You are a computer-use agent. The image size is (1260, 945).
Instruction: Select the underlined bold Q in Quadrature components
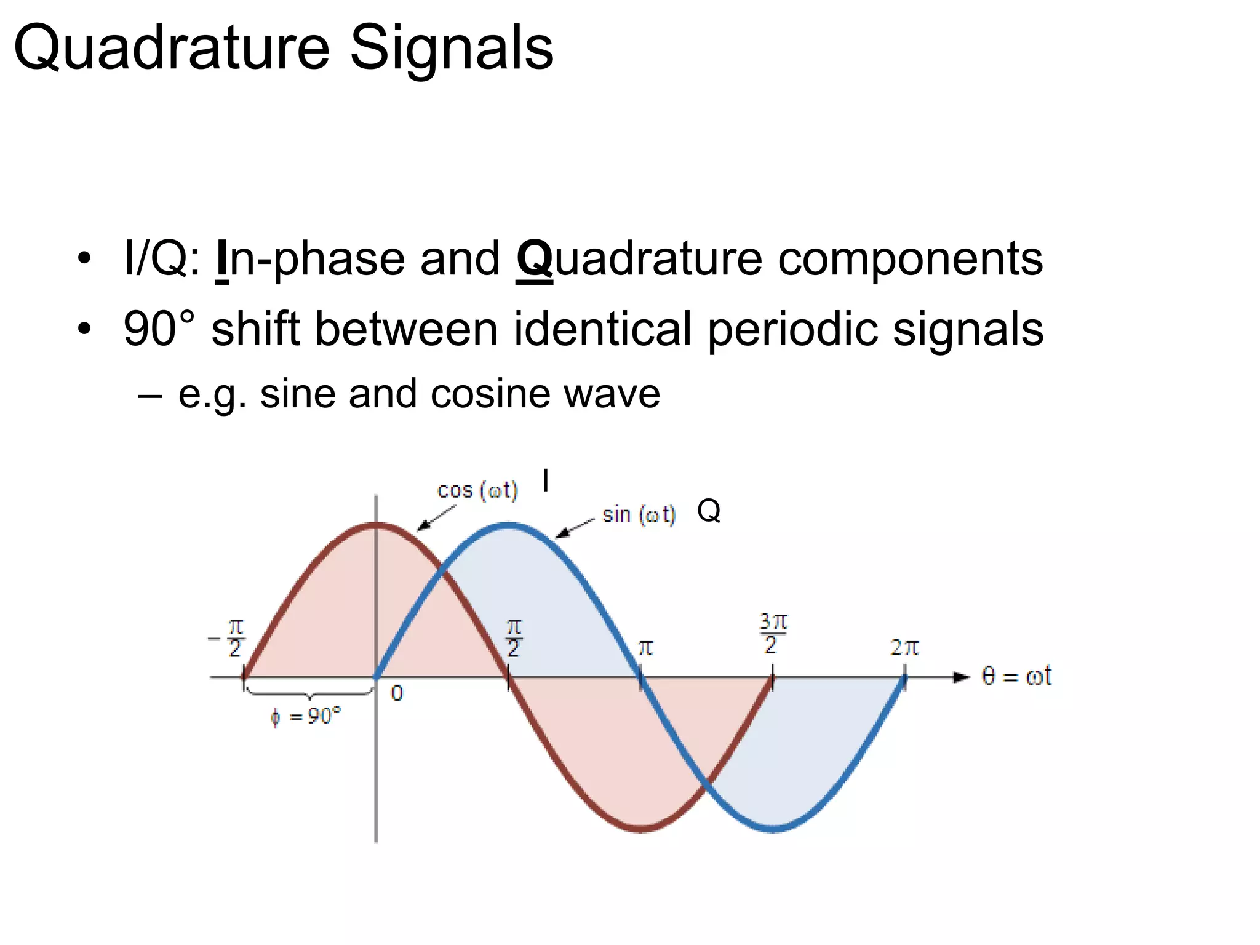click(534, 260)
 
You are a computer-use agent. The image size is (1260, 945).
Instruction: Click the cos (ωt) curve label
click(477, 491)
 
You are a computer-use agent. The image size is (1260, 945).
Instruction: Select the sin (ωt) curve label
click(639, 515)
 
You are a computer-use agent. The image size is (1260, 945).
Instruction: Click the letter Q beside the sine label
click(709, 511)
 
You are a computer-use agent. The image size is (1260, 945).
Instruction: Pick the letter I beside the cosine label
click(546, 480)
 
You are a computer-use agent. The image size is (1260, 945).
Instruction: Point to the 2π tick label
click(904, 648)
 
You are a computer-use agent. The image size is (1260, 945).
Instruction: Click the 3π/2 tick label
click(773, 634)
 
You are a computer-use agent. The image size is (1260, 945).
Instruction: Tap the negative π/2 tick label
click(228, 639)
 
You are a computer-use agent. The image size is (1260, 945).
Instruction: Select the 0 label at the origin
click(397, 694)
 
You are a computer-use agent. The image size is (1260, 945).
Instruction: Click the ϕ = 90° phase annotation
click(306, 716)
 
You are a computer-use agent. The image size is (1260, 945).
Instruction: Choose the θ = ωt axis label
click(1016, 677)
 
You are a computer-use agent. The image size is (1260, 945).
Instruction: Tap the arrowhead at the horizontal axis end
click(960, 677)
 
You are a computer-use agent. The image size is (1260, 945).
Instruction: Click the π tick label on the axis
click(645, 648)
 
